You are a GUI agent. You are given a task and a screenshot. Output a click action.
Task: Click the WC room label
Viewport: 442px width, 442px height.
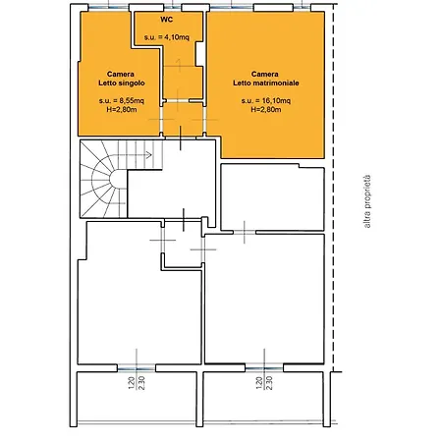click(167, 20)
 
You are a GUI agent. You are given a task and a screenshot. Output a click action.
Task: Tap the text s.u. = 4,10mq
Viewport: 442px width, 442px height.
click(167, 37)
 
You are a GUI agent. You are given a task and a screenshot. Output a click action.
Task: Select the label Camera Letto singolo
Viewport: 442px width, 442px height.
click(121, 79)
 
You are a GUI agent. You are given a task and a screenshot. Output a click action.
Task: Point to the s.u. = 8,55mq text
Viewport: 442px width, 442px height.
click(122, 100)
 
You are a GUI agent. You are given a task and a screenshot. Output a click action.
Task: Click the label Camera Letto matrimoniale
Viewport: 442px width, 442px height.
click(265, 79)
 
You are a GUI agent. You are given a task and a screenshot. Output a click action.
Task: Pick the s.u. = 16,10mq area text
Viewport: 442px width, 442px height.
click(265, 100)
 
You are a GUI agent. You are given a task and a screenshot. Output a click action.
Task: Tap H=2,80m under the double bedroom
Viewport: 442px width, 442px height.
click(265, 110)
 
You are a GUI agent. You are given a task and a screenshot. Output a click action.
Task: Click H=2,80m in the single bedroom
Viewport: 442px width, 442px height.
click(122, 110)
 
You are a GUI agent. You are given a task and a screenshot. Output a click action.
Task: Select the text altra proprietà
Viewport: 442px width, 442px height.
click(367, 201)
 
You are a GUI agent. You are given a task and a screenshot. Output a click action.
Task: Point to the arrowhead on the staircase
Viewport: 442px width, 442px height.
click(149, 155)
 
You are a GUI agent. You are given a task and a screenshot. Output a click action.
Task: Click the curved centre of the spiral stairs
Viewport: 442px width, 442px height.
click(117, 180)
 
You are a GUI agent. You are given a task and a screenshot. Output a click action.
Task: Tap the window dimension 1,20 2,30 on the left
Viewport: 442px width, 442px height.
click(137, 383)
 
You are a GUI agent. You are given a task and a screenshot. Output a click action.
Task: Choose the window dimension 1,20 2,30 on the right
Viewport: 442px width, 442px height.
click(264, 383)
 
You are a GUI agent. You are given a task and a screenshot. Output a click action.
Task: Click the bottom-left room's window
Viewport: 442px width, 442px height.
click(137, 368)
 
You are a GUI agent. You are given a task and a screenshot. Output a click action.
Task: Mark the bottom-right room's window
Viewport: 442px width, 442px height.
click(264, 368)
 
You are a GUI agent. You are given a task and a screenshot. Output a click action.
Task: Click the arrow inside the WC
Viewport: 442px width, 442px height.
click(179, 66)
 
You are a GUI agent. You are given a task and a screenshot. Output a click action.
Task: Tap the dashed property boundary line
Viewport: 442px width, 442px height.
click(333, 188)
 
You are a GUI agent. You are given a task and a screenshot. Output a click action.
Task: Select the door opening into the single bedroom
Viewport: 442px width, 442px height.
click(161, 119)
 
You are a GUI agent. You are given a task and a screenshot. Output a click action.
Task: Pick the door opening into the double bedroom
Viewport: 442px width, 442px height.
click(204, 119)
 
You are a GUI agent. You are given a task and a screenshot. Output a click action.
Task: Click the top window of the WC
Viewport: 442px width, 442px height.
click(173, 7)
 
